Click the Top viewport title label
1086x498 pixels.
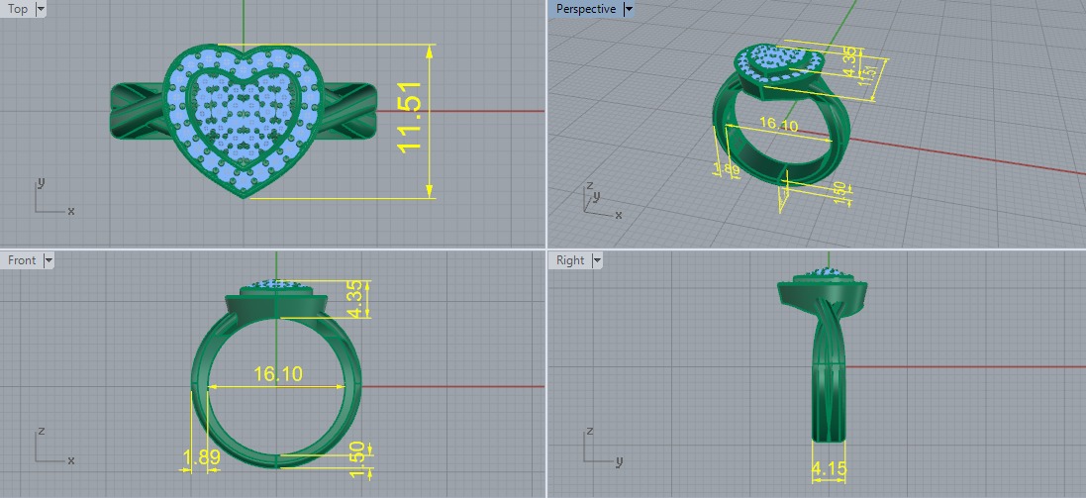(x=17, y=9)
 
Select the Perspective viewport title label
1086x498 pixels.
(x=585, y=9)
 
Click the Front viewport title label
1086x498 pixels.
(x=21, y=260)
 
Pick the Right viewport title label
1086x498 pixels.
(x=570, y=260)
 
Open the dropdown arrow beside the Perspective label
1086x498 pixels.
(x=629, y=9)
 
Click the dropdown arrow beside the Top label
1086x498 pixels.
(x=40, y=9)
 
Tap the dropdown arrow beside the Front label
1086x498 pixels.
(x=48, y=260)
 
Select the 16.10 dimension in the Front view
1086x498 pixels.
(x=278, y=374)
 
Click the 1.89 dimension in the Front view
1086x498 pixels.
(x=201, y=457)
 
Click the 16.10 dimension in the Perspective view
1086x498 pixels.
(x=777, y=126)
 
